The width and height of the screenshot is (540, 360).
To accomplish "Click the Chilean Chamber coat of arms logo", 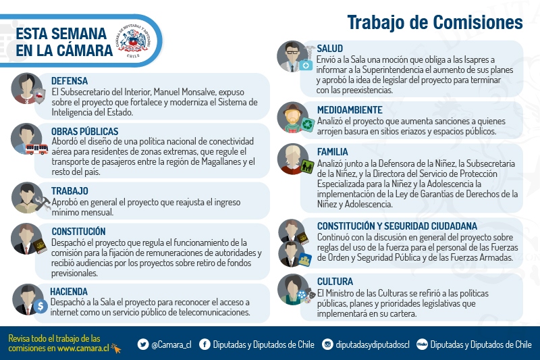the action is click(x=133, y=41).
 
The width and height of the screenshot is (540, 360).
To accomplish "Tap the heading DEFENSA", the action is click(x=70, y=81).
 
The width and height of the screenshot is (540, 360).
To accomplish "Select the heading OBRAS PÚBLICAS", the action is click(x=85, y=132).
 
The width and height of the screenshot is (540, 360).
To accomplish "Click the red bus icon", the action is click(x=36, y=149).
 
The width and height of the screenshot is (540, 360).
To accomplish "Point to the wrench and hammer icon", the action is click(x=43, y=203).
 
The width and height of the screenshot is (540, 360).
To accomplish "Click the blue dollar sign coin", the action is click(x=40, y=306).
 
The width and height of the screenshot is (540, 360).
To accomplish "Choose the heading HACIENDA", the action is click(x=69, y=292).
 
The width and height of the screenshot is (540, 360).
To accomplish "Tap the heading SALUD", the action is click(x=330, y=49).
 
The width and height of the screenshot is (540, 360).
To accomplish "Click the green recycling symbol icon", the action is click(x=308, y=125).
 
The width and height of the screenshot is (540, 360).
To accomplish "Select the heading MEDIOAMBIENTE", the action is click(x=350, y=110).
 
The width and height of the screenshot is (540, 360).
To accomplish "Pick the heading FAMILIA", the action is click(x=333, y=152).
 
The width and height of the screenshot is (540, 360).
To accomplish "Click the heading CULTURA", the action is click(x=335, y=282).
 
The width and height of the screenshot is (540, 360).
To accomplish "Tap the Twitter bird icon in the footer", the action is click(x=143, y=344).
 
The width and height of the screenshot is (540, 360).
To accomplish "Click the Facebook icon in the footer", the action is click(x=205, y=344).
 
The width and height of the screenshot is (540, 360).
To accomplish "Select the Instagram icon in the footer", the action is click(x=327, y=344).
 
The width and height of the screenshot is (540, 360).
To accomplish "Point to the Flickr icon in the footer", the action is click(x=422, y=344).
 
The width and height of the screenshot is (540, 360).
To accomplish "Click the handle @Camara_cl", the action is click(x=171, y=344).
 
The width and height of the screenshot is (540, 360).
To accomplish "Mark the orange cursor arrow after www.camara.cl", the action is click(x=116, y=349).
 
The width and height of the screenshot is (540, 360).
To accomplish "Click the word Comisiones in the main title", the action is click(x=478, y=23).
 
